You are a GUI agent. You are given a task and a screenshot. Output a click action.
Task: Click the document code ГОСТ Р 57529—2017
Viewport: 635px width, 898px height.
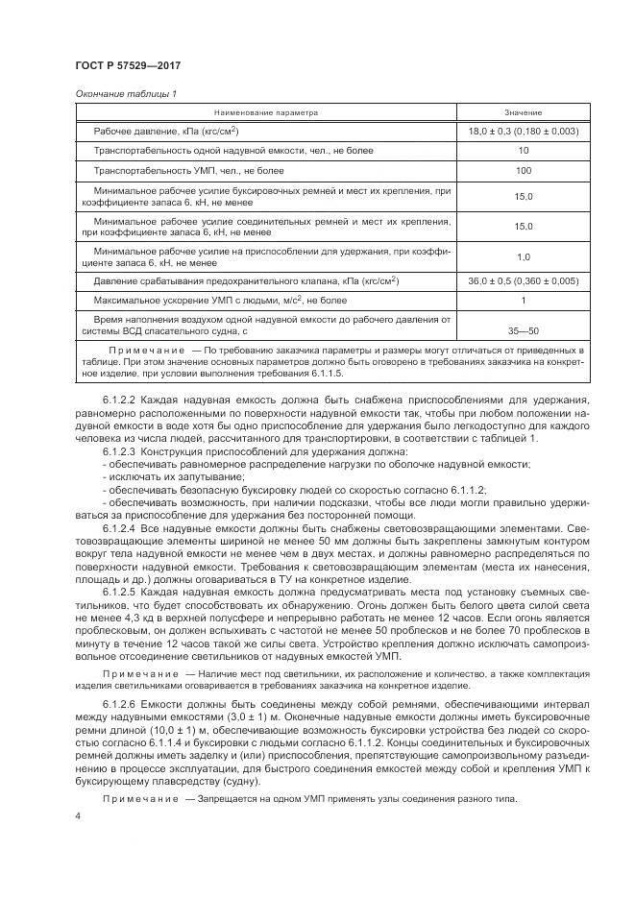[128, 64]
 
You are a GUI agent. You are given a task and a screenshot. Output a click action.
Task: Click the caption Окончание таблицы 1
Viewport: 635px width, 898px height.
[124, 93]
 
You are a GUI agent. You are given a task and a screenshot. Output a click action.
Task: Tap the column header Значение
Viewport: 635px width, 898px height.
[523, 112]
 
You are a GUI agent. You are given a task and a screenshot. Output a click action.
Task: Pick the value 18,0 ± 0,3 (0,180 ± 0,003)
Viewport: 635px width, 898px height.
[523, 131]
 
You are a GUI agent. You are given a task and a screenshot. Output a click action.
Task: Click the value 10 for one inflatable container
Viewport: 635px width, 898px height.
[523, 151]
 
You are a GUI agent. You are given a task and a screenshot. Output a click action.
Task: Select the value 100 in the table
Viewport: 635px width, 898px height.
[523, 171]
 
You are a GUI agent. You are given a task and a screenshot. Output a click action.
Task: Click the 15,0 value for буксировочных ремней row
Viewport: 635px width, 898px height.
[523, 197]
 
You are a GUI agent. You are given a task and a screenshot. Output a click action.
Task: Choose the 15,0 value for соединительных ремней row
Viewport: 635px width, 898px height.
[523, 227]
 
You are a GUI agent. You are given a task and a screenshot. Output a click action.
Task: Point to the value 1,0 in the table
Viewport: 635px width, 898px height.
[523, 256]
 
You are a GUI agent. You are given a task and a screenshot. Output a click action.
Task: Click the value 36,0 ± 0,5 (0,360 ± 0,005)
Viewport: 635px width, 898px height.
[523, 281]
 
